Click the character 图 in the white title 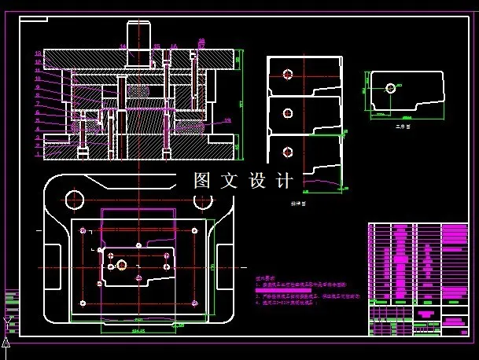(x=203, y=181)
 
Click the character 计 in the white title (x=285, y=181)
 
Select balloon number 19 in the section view (x=227, y=120)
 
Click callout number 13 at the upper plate (x=38, y=53)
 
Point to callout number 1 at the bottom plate (x=38, y=154)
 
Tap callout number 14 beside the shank (x=123, y=46)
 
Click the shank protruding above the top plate (x=139, y=35)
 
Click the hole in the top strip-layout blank (x=288, y=75)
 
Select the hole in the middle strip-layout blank (x=288, y=113)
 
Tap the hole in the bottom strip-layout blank (x=288, y=152)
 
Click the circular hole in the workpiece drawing (x=389, y=88)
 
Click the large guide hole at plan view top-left (x=75, y=197)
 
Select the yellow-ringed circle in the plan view (x=122, y=263)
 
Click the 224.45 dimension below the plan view (x=138, y=330)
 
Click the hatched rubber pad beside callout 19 (x=193, y=124)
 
